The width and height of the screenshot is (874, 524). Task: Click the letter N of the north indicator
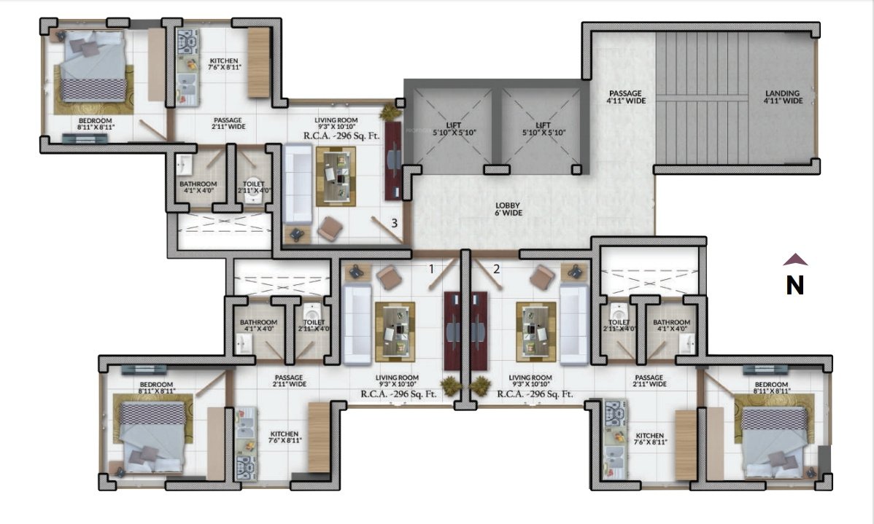click(794, 285)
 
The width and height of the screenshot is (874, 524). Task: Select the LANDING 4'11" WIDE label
click(783, 97)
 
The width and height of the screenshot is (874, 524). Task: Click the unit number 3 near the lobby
click(394, 223)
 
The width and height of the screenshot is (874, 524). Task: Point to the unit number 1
click(431, 269)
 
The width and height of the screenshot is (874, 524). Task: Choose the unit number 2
click(497, 269)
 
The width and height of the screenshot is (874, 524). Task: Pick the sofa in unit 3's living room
click(297, 184)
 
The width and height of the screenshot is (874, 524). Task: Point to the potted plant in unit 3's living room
click(390, 113)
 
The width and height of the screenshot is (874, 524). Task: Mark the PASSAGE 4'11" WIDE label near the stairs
click(626, 97)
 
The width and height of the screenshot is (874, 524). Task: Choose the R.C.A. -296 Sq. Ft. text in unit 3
click(341, 136)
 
